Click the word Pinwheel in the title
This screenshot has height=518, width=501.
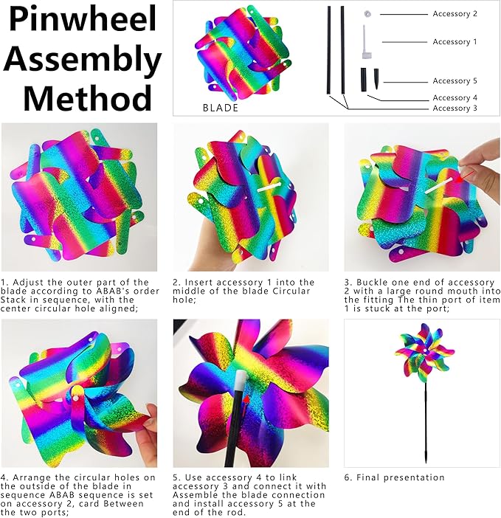[81, 20]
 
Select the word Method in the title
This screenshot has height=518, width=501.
[87, 97]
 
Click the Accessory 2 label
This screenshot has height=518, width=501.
[455, 14]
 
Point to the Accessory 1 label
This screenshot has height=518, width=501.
[455, 42]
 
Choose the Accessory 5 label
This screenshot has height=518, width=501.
[455, 81]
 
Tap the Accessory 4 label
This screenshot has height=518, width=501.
[455, 97]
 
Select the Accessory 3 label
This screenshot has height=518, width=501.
[455, 108]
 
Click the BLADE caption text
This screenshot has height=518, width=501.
[221, 108]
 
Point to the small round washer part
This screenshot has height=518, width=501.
[367, 14]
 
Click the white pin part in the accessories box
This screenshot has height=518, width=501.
[365, 43]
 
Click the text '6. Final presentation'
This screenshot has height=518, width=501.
[395, 477]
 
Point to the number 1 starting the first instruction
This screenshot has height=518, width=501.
[4, 282]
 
